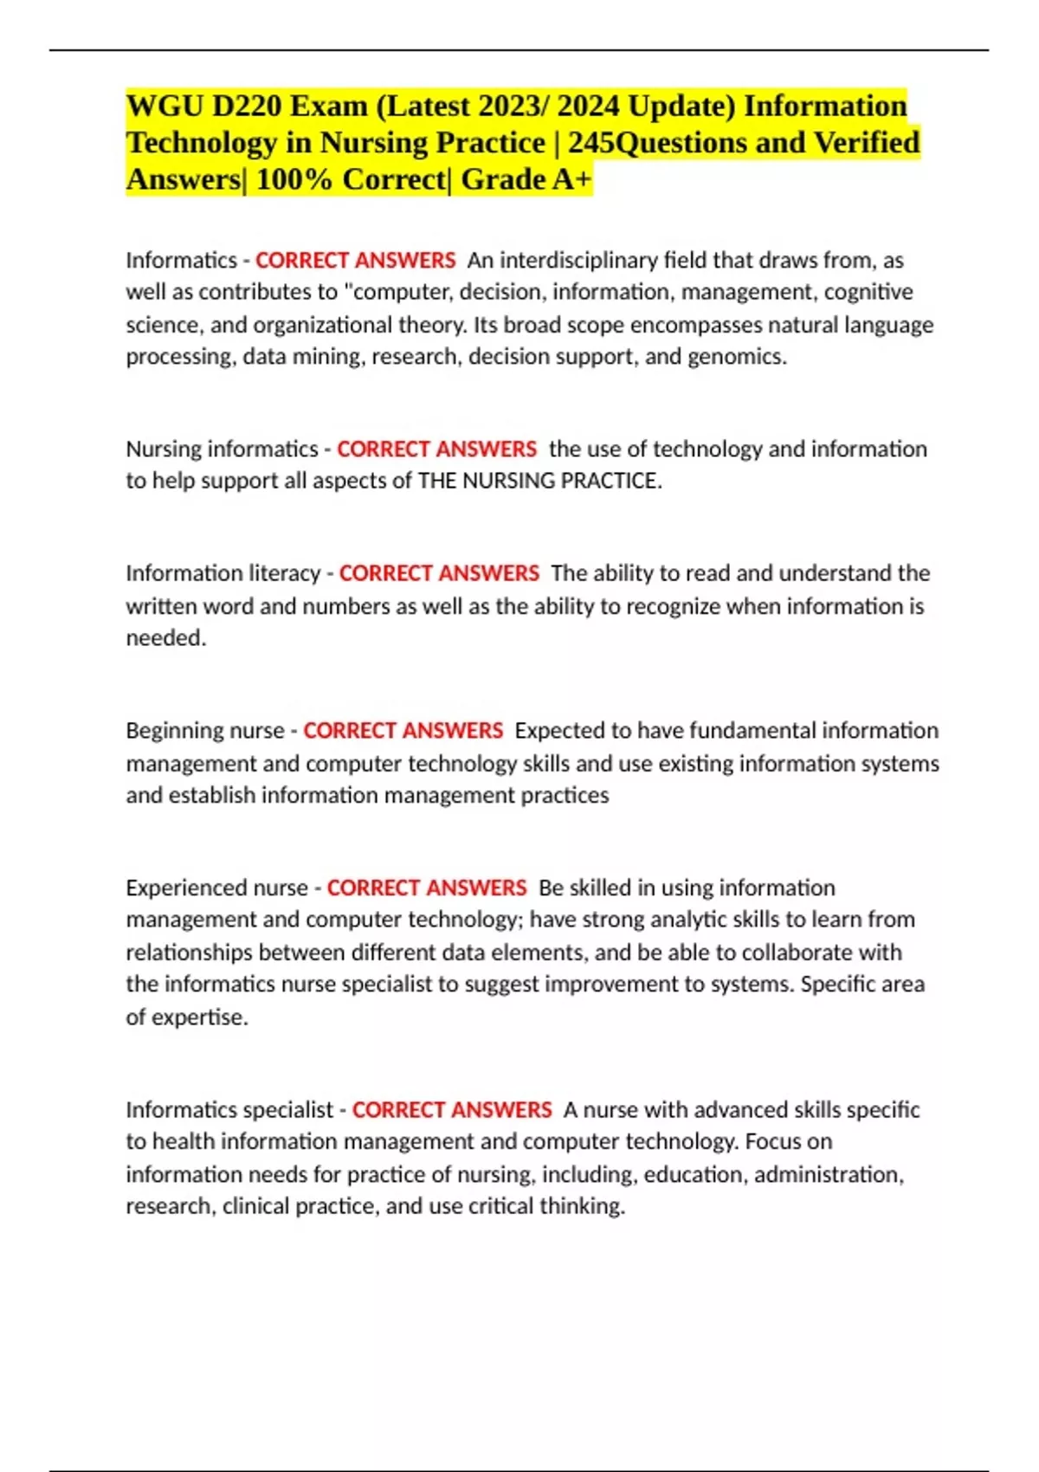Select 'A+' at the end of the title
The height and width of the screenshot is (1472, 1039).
click(x=571, y=179)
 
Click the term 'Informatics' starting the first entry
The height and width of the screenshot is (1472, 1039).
click(x=181, y=260)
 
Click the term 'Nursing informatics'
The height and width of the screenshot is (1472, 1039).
click(x=222, y=449)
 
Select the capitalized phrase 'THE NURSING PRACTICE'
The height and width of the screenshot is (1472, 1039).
click(x=539, y=481)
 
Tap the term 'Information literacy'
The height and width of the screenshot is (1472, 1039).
click(x=223, y=573)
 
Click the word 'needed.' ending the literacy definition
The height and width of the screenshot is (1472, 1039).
click(x=166, y=638)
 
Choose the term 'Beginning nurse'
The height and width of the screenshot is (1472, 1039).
click(x=205, y=731)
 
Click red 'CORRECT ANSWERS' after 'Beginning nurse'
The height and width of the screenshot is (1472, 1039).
click(x=403, y=731)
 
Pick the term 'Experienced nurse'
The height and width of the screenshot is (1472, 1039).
click(x=216, y=888)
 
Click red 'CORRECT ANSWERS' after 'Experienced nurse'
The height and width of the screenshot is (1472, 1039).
click(x=426, y=888)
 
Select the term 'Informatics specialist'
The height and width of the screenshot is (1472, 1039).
click(x=229, y=1110)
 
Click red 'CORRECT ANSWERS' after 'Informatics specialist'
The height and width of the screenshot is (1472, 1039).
click(x=451, y=1110)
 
